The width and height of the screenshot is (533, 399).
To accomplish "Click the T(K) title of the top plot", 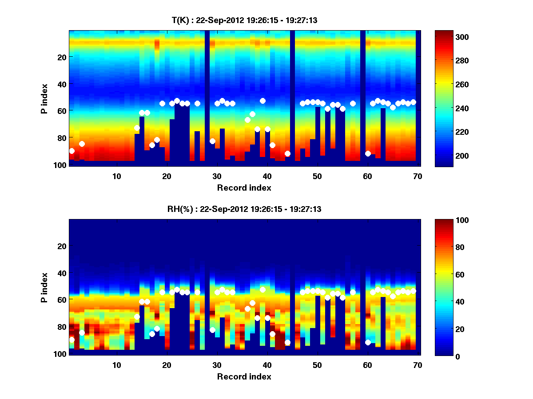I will pyautogui.click(x=244, y=20).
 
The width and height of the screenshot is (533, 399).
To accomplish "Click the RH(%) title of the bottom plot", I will pyautogui.click(x=244, y=209).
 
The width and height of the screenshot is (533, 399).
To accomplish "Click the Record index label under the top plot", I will pyautogui.click(x=244, y=188).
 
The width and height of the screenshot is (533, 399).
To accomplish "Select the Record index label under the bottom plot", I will pyautogui.click(x=244, y=376).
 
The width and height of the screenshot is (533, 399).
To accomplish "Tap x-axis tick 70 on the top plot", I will pyautogui.click(x=418, y=176).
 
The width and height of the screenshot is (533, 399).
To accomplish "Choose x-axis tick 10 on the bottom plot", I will pyautogui.click(x=116, y=365).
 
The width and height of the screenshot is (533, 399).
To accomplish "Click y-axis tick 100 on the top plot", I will pyautogui.click(x=60, y=165).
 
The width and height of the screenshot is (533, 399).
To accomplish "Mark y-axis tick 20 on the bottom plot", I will pyautogui.click(x=62, y=246).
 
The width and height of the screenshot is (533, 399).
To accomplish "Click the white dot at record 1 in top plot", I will pyautogui.click(x=72, y=151).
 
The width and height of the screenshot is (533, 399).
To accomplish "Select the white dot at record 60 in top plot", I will pyautogui.click(x=368, y=153).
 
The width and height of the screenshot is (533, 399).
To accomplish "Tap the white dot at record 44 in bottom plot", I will pyautogui.click(x=287, y=342).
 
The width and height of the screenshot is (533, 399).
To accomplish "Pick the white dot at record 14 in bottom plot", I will pyautogui.click(x=137, y=317).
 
